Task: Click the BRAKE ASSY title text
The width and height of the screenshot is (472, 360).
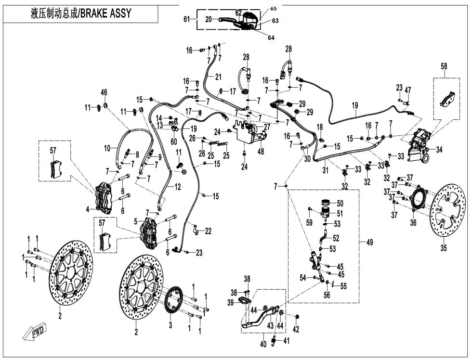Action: pos(80,13)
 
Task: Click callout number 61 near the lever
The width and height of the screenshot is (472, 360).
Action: pos(187,19)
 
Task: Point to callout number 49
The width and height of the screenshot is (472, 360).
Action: pos(370,243)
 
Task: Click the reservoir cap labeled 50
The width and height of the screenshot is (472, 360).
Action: pos(327,202)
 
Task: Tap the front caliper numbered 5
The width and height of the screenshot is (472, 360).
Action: pos(151,232)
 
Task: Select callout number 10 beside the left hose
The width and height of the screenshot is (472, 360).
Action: pos(107,149)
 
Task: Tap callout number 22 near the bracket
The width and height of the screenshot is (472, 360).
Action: pos(208,231)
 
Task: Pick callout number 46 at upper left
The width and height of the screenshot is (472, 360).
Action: pos(104,92)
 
